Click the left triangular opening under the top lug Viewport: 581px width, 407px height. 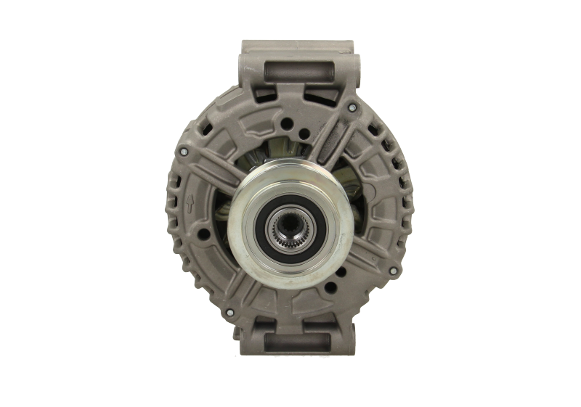tap(263, 98)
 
